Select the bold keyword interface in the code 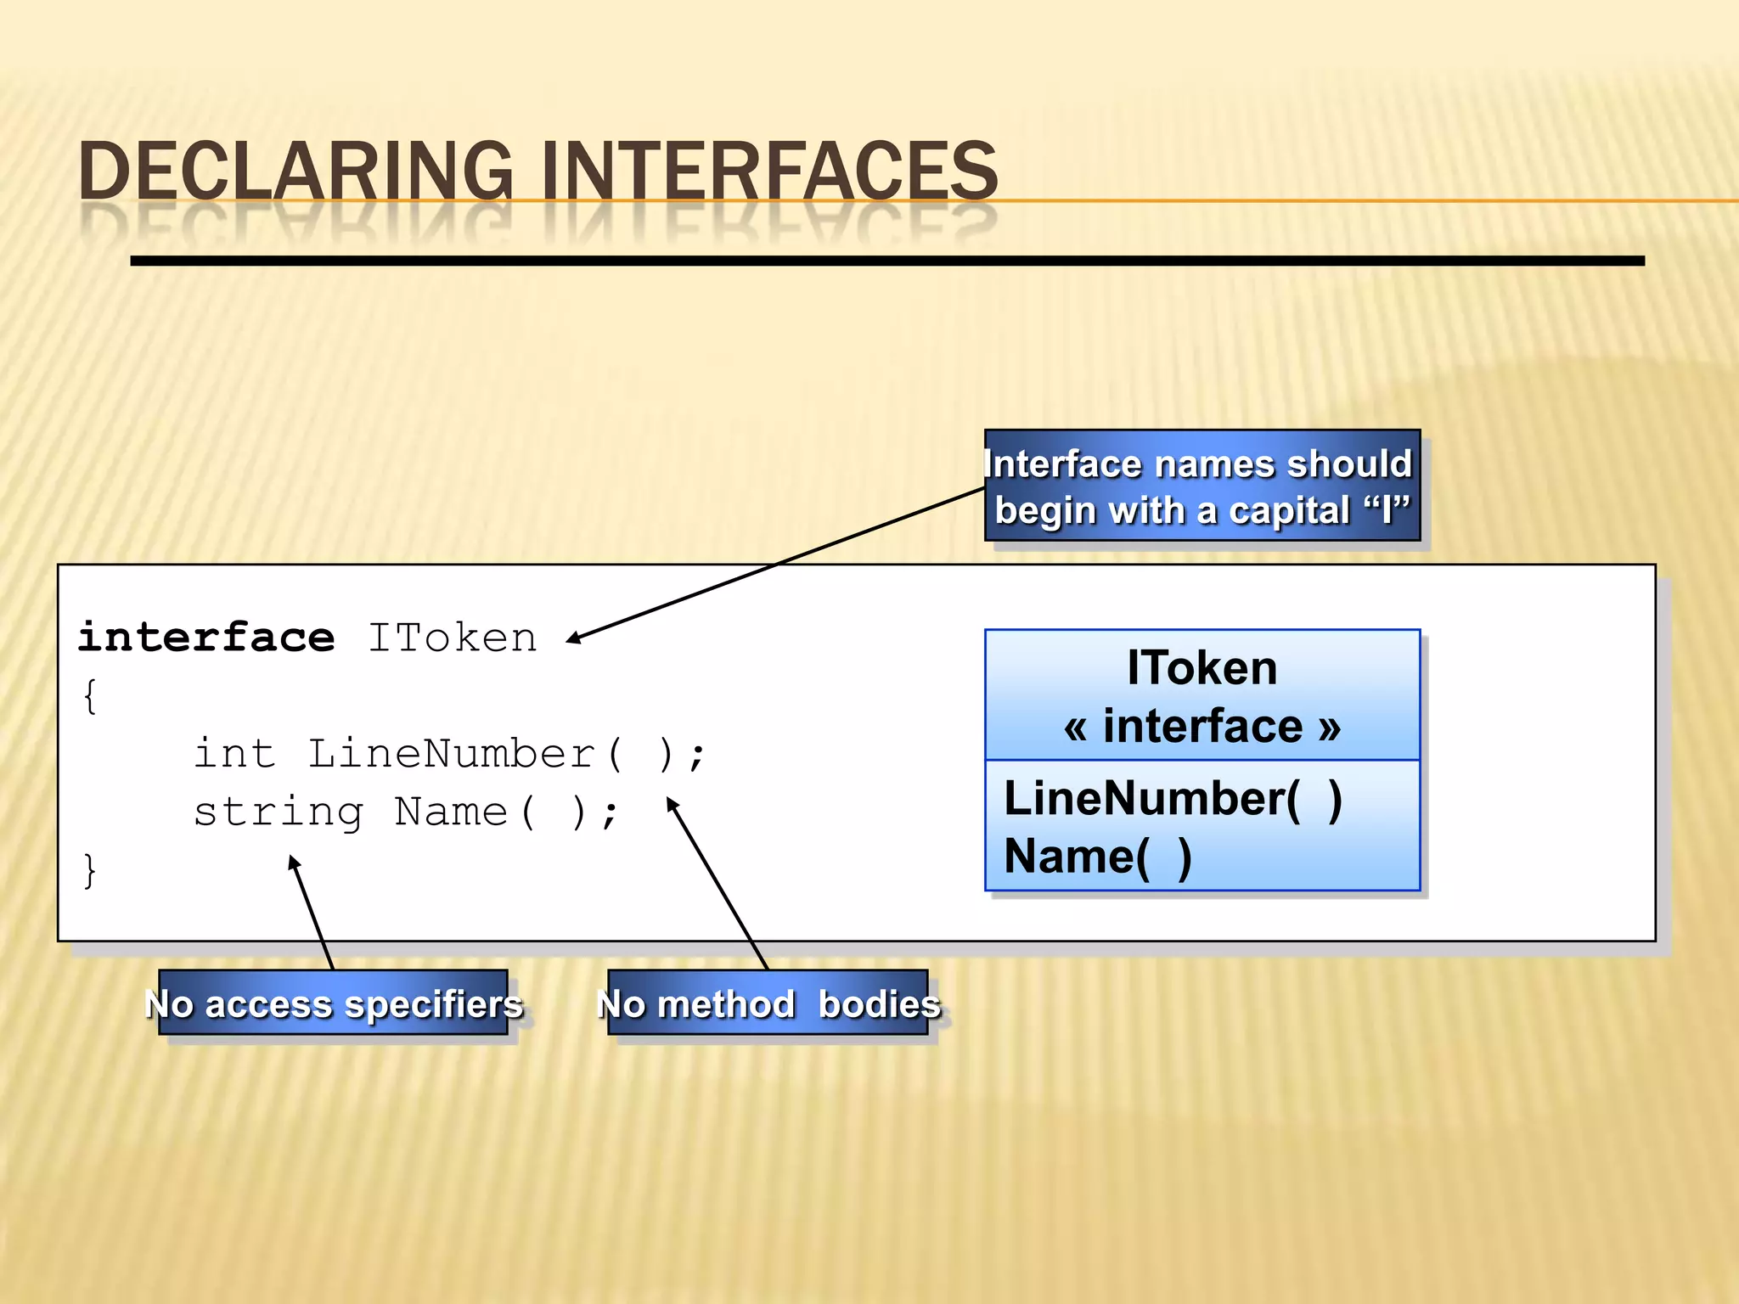206,637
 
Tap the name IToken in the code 453,637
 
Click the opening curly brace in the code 90,696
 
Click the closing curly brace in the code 90,870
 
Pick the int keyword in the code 235,753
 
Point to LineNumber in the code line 451,753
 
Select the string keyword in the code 279,812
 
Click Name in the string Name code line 451,812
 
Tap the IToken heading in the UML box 1202,668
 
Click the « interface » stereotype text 1202,727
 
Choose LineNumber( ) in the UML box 1173,799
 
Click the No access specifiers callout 334,1003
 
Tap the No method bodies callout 768,1003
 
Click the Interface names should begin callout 1202,486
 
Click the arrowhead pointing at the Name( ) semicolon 671,803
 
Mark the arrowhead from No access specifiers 294,863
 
